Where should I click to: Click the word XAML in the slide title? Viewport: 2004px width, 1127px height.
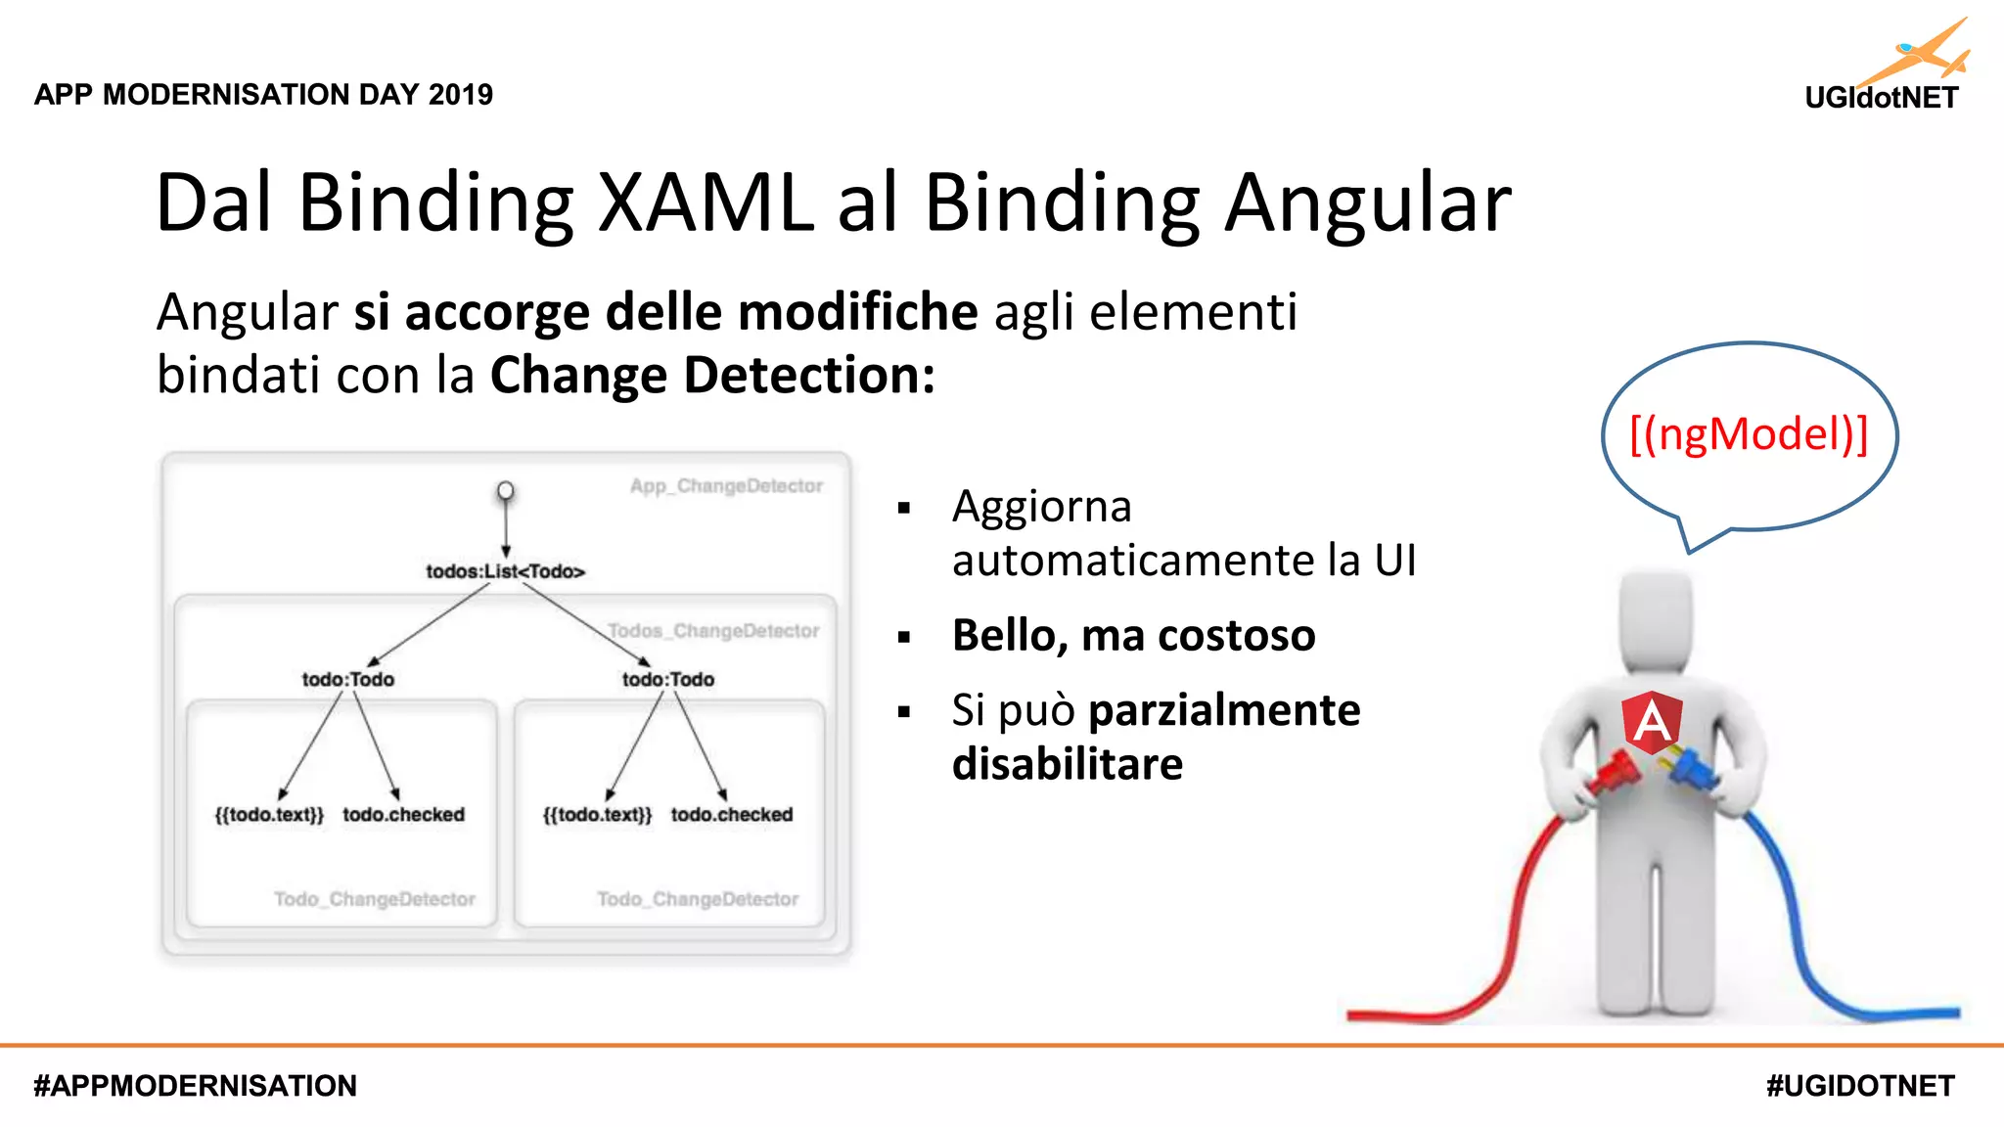click(x=705, y=203)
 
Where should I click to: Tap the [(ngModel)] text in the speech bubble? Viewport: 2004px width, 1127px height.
click(x=1749, y=434)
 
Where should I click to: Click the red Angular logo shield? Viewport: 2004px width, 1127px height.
click(x=1652, y=722)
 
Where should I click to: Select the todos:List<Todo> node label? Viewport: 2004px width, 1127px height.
click(x=505, y=571)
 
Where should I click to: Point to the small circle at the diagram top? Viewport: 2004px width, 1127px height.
click(x=505, y=490)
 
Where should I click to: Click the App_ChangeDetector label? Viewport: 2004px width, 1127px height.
click(x=726, y=486)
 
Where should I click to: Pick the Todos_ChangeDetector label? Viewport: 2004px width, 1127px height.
click(x=713, y=631)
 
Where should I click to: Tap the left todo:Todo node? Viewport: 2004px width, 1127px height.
click(x=347, y=679)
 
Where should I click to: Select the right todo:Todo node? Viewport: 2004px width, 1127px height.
click(x=668, y=679)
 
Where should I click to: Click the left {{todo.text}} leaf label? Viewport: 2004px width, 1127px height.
click(x=269, y=815)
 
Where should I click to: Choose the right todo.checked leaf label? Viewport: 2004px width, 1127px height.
click(x=732, y=815)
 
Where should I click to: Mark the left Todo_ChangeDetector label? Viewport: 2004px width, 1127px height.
click(x=375, y=899)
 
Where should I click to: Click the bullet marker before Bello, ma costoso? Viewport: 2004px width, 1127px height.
click(x=904, y=638)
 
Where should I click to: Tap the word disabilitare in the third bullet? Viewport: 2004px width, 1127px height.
click(x=1068, y=764)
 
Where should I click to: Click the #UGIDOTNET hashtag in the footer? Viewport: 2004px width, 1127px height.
click(x=1860, y=1086)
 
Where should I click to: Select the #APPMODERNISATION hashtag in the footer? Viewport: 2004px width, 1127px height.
click(x=196, y=1086)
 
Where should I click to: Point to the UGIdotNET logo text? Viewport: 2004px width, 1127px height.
click(x=1881, y=98)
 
